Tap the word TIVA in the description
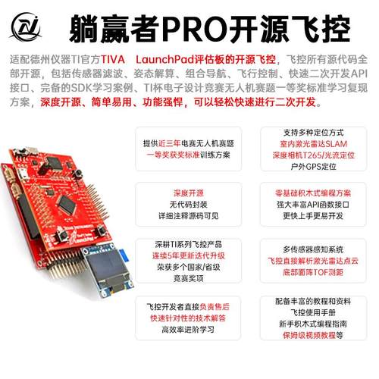pyautogui.click(x=136, y=58)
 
